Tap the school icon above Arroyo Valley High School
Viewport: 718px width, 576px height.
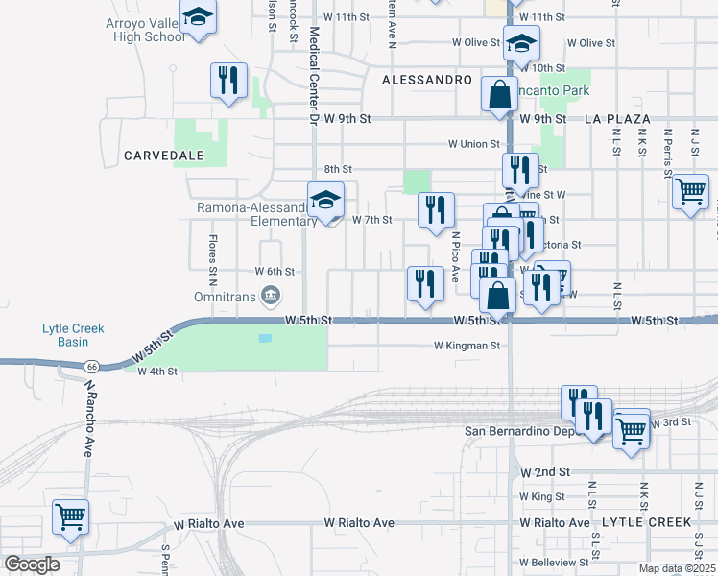pyautogui.click(x=198, y=17)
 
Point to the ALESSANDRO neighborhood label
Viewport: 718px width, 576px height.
pyautogui.click(x=427, y=80)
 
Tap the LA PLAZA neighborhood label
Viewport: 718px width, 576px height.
pyautogui.click(x=618, y=118)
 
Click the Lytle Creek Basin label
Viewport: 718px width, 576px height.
pyautogui.click(x=73, y=335)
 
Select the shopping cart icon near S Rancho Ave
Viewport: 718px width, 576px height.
pyautogui.click(x=71, y=516)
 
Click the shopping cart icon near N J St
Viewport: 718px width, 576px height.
pyautogui.click(x=690, y=192)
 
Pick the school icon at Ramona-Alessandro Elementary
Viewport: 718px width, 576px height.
pyautogui.click(x=325, y=200)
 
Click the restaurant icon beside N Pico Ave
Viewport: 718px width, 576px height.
pyautogui.click(x=435, y=209)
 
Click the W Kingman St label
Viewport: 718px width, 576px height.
pyautogui.click(x=467, y=345)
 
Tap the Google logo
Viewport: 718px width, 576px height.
pyautogui.click(x=31, y=564)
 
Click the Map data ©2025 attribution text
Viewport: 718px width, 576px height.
pyautogui.click(x=677, y=568)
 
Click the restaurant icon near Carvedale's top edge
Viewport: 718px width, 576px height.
pyautogui.click(x=228, y=81)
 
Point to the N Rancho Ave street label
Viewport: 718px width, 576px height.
pyautogui.click(x=90, y=403)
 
